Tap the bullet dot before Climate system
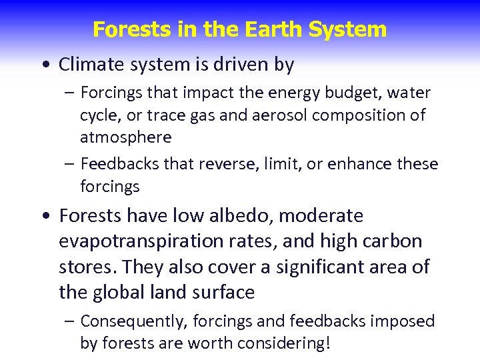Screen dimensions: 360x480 coord(44,65)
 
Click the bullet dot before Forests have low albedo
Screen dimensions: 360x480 coord(44,217)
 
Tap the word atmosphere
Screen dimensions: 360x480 coord(125,137)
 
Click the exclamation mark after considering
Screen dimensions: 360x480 coord(329,343)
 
